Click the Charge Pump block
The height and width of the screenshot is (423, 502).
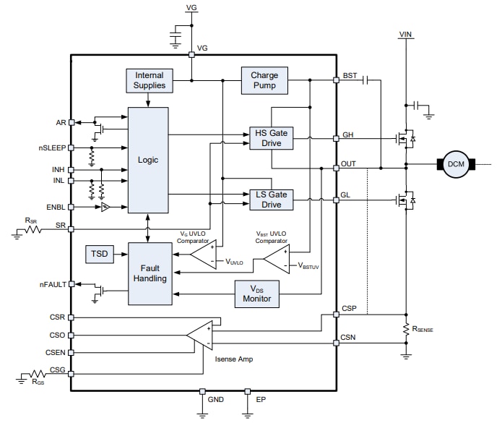[x=264, y=80]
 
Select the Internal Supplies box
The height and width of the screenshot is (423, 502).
[x=150, y=80]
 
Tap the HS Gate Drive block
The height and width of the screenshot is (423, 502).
[x=271, y=138]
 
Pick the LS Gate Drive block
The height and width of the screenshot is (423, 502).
[x=271, y=199]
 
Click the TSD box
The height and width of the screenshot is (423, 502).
[x=99, y=255]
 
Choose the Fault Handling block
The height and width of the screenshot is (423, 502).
[x=150, y=273]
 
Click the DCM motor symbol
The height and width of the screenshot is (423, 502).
[x=456, y=164]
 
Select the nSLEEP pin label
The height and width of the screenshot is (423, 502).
[x=53, y=148]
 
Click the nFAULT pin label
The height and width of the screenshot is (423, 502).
[x=52, y=284]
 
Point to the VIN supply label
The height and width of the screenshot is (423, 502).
[x=407, y=33]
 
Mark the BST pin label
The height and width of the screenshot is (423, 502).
[x=350, y=74]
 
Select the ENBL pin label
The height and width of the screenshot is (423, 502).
[x=56, y=207]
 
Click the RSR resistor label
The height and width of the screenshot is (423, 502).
[x=30, y=220]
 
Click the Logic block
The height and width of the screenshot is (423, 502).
[x=148, y=160]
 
